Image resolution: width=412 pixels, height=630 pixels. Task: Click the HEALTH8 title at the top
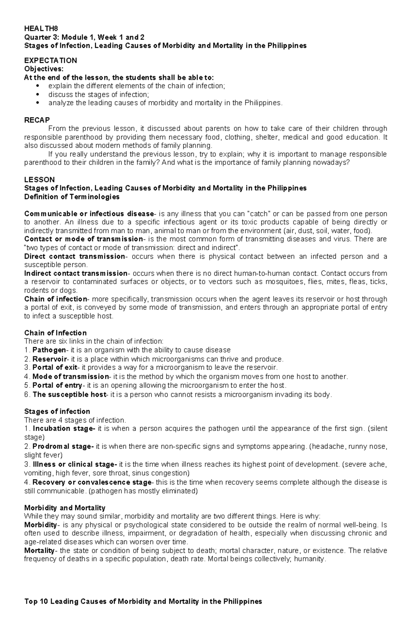tap(39, 29)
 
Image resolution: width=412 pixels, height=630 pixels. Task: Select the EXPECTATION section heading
tap(50, 60)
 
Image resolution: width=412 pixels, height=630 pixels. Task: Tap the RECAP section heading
tap(37, 120)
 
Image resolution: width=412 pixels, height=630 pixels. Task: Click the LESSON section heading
tap(39, 180)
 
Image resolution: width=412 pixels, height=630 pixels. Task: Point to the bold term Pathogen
tap(49, 350)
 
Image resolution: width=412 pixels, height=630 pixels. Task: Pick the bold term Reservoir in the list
tap(49, 359)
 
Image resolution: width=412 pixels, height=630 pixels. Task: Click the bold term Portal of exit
tap(55, 368)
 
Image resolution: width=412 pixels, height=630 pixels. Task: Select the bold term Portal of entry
tap(57, 385)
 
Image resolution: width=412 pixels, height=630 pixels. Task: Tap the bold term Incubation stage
tap(64, 428)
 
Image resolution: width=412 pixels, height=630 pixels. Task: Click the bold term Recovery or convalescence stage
tap(92, 482)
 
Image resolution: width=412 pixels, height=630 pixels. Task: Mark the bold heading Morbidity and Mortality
tap(65, 508)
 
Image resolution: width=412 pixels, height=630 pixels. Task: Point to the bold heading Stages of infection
tap(57, 411)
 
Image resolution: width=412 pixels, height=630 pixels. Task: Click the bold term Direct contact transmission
tap(75, 256)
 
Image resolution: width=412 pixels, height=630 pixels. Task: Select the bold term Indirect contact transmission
tap(76, 273)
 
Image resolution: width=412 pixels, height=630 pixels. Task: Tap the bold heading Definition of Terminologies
tap(72, 197)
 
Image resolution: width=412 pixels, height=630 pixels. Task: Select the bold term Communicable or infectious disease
tap(89, 214)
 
